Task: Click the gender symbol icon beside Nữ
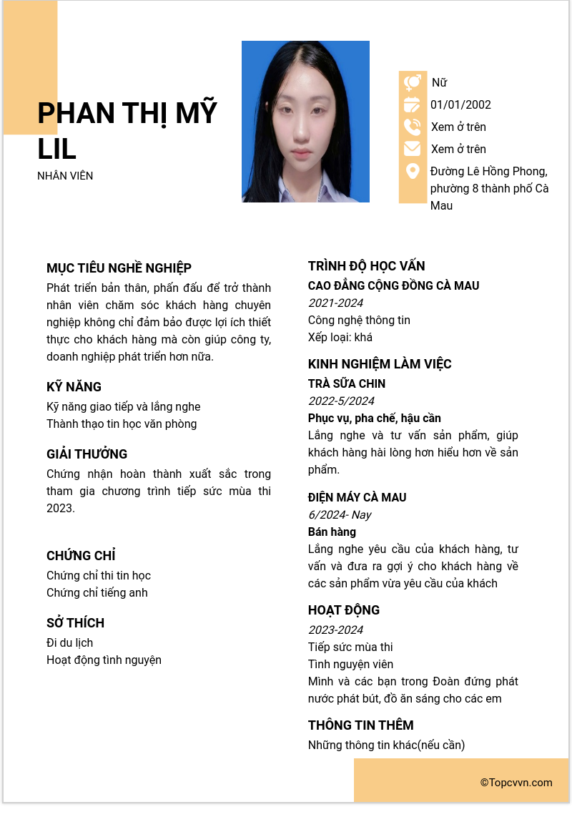pos(413,83)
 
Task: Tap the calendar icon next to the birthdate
pos(413,105)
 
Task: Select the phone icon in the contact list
pos(413,127)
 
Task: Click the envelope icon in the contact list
pos(413,149)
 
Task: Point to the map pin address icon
pos(413,172)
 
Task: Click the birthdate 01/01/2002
pos(460,105)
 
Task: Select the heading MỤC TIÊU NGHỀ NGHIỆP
pos(119,268)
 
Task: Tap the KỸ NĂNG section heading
pos(74,387)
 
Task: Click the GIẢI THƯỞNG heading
pos(87,454)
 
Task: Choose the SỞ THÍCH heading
pos(75,623)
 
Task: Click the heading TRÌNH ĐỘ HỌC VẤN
pos(366,266)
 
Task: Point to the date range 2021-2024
pos(335,303)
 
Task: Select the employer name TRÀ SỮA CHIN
pos(347,384)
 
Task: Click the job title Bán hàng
pos(332,532)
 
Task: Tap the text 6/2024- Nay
pos(340,515)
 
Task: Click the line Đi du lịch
pos(69,643)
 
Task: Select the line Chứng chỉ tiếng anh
pos(97,593)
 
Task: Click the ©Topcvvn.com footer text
pos(516,783)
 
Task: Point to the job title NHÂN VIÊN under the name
pos(65,176)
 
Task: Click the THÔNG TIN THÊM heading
pos(360,725)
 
